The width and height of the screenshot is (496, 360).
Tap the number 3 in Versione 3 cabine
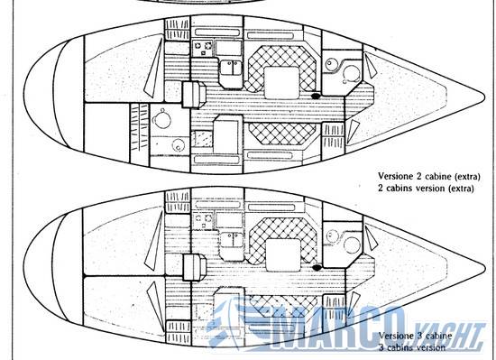pyautogui.click(x=420, y=336)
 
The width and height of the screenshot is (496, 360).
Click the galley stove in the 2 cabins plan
pyautogui.click(x=202, y=49)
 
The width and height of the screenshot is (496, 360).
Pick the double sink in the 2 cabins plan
pyautogui.click(x=231, y=68)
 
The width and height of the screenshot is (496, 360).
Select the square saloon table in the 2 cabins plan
pyautogui.click(x=281, y=82)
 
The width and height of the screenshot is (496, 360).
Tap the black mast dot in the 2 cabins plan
pyautogui.click(x=316, y=96)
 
